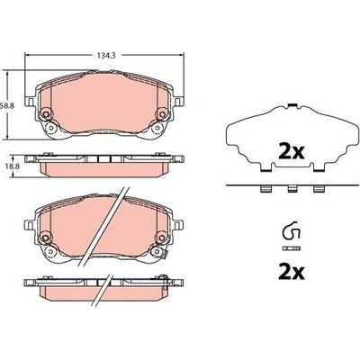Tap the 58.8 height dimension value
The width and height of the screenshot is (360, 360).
click(x=5, y=105)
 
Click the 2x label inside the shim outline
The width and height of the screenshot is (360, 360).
click(x=292, y=152)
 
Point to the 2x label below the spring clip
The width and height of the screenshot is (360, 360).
click(x=292, y=272)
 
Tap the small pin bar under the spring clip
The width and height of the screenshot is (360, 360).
click(x=291, y=248)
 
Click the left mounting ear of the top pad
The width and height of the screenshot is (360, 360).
click(x=30, y=102)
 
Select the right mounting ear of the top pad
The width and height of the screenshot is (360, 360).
click(x=178, y=102)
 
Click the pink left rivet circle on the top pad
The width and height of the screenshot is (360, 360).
click(x=46, y=114)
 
